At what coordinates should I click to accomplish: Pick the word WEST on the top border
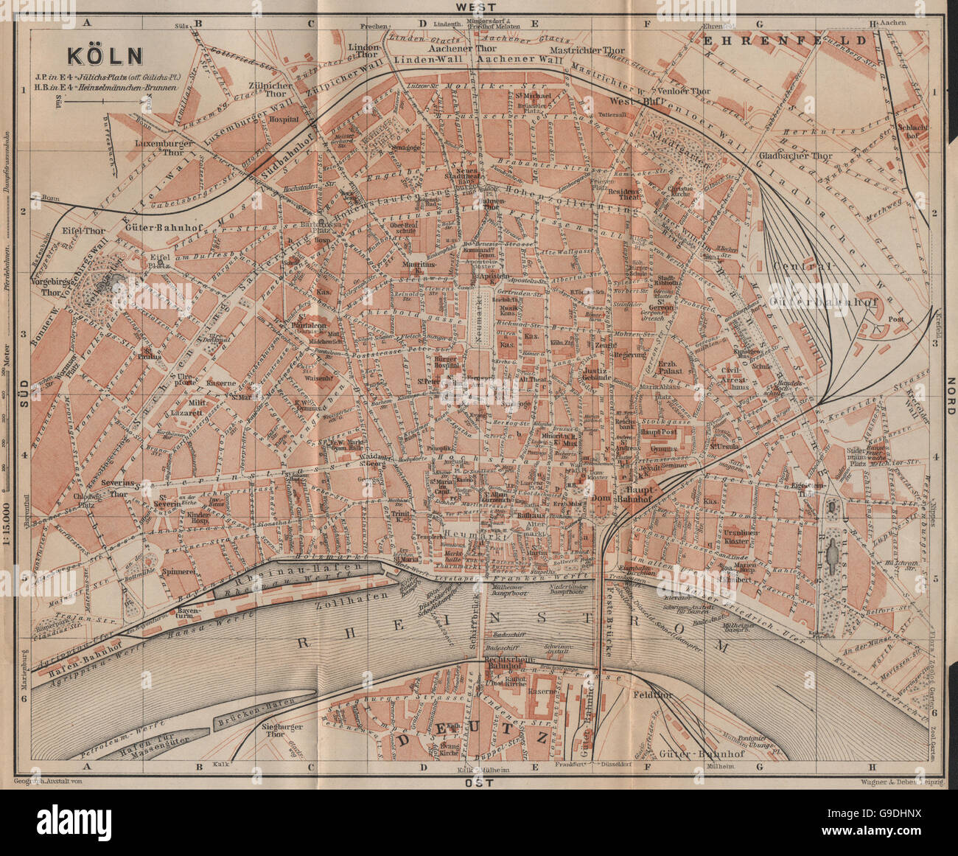(478, 7)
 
